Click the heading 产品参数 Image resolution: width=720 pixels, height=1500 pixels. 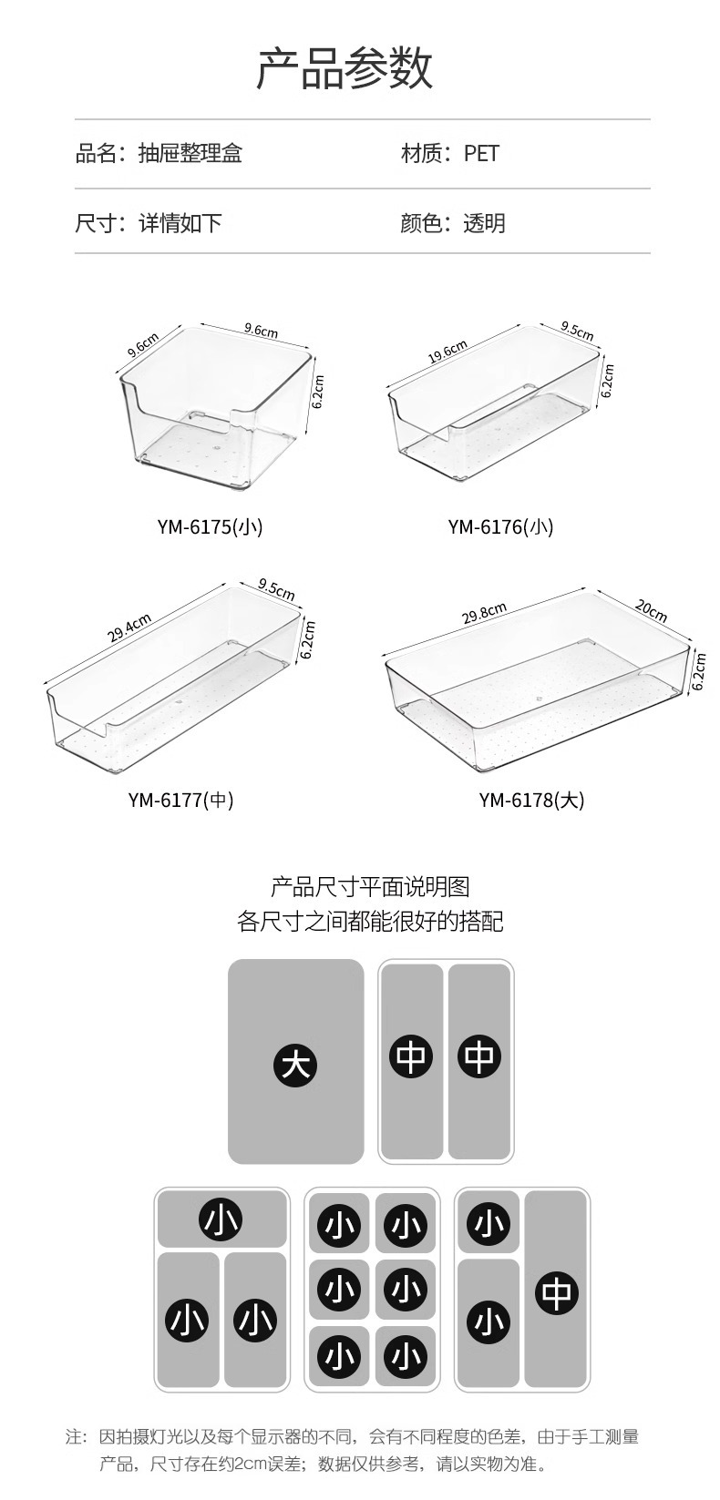pyautogui.click(x=345, y=69)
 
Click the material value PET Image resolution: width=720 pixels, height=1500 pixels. pyautogui.click(x=481, y=153)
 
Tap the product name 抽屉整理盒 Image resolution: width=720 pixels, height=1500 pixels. pyautogui.click(x=190, y=153)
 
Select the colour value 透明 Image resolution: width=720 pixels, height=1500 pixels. pyautogui.click(x=484, y=223)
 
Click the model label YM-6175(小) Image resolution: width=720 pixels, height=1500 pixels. pyautogui.click(x=210, y=526)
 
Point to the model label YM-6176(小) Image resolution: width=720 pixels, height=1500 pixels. pyautogui.click(x=500, y=526)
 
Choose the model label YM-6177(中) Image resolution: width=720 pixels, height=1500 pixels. pyautogui.click(x=180, y=800)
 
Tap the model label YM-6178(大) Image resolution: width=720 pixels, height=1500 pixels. pyautogui.click(x=531, y=800)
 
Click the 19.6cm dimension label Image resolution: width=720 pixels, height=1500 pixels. pyautogui.click(x=447, y=352)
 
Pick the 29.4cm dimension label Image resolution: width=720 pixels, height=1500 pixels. pyautogui.click(x=129, y=628)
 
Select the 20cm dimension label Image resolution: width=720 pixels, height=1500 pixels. pyautogui.click(x=651, y=611)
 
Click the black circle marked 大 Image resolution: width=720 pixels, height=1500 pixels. pyautogui.click(x=295, y=1063)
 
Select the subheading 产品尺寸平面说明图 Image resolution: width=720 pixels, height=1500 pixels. pyautogui.click(x=370, y=886)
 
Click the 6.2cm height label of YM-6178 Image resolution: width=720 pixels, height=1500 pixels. pyautogui.click(x=699, y=671)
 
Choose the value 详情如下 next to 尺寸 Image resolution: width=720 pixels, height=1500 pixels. pyautogui.click(x=180, y=223)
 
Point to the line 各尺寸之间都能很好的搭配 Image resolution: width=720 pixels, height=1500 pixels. pyautogui.click(x=370, y=922)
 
